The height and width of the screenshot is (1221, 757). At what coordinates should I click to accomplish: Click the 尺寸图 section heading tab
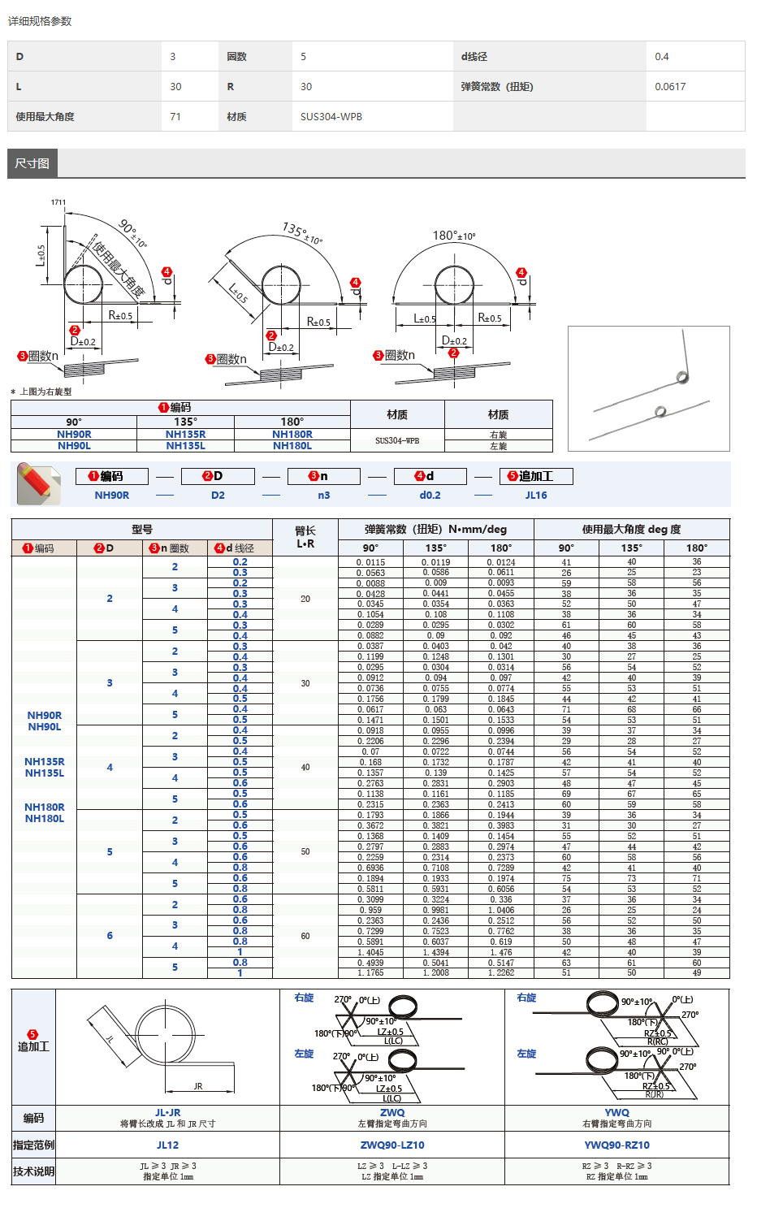coord(32,163)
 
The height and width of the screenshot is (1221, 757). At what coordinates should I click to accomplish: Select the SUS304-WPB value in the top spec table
coord(331,117)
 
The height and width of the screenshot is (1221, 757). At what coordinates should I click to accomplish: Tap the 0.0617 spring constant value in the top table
coord(670,87)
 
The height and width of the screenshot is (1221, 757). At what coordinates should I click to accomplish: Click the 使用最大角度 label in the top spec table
coord(45,117)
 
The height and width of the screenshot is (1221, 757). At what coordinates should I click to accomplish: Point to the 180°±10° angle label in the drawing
coord(454,236)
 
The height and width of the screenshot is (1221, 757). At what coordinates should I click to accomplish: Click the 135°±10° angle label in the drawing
coord(302,232)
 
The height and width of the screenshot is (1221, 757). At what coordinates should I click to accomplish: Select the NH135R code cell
coord(185,435)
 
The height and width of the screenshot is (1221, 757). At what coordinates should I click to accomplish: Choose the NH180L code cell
coord(292,446)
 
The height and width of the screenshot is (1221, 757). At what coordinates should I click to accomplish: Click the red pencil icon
coord(38,483)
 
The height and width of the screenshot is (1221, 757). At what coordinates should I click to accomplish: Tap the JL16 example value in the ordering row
coord(536,496)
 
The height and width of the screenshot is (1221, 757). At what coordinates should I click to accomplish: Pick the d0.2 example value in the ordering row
coord(430,496)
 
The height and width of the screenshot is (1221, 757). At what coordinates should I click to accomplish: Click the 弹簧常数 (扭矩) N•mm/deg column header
coord(435,530)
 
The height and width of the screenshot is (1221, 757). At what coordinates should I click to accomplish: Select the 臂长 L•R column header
coord(305,537)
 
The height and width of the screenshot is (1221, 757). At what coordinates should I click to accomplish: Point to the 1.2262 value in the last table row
coord(501,972)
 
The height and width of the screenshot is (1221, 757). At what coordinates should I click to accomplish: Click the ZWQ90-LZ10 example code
coord(392,1145)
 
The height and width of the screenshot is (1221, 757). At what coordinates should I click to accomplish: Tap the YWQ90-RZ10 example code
coord(617,1145)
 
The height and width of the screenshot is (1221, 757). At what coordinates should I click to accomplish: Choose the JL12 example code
coord(167,1145)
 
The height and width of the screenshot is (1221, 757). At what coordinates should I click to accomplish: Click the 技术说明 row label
coord(33,1171)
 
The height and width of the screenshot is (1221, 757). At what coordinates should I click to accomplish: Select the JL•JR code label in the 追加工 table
coord(167,1113)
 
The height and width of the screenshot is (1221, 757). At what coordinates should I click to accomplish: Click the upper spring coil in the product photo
coord(682,377)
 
